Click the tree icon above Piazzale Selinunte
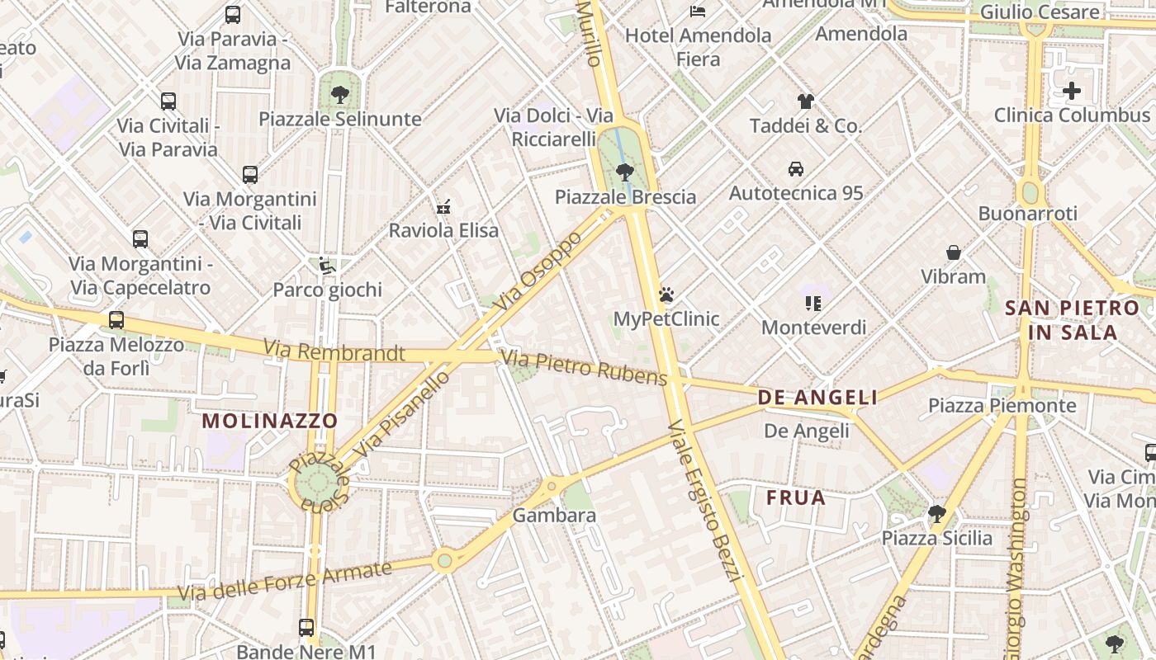339,94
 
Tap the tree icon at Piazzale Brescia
625,172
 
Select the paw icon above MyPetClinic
666,295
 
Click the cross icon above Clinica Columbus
1072,91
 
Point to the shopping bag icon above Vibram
954,252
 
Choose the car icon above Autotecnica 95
796,169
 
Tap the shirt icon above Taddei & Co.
806,101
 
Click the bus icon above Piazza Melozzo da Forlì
116,320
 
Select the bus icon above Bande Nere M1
306,627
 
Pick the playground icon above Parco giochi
327,266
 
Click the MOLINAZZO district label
270,421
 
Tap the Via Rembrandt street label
334,352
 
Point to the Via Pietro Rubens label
584,368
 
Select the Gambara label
554,516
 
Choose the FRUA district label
796,497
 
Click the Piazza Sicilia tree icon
936,514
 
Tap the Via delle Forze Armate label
285,581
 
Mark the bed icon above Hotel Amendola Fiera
698,12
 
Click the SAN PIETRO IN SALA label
1072,320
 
